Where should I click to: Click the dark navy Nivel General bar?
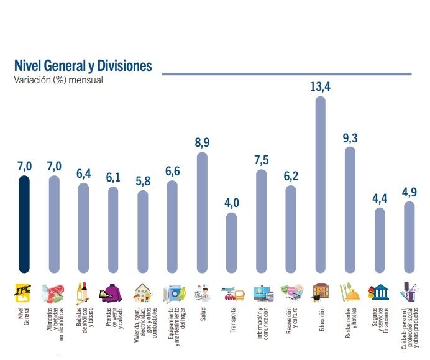point(24,224)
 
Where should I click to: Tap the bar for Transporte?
point(231,242)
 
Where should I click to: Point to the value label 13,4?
point(320,86)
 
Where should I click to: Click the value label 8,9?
point(202,142)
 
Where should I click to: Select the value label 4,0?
point(231,203)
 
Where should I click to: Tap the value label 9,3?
point(350,137)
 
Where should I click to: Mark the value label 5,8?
point(143,181)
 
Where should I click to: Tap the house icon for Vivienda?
point(142,292)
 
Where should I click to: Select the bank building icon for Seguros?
point(380,292)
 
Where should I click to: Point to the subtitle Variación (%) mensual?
point(58,80)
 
